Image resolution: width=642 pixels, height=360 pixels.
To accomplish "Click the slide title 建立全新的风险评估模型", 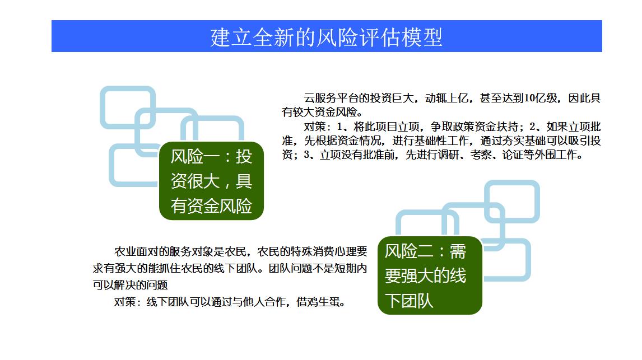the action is pos(327,37).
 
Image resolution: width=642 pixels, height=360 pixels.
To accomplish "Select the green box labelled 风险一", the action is pos(211,181).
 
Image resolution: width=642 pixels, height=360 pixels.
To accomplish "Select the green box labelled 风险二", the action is pos(430,275).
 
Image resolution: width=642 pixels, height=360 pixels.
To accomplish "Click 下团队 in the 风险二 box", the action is pos(409,301).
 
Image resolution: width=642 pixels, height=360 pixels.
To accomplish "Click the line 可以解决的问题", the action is pos(130,285).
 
